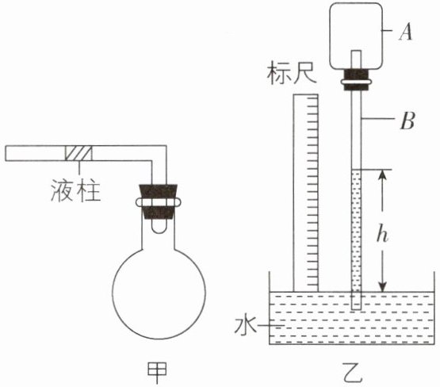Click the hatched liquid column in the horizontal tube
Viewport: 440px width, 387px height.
pos(78,153)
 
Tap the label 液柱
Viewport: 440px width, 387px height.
pos(75,190)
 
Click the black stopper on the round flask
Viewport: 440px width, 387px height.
pos(158,201)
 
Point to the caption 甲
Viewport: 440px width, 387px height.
pos(157,373)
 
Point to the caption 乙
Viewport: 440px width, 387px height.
pos(353,373)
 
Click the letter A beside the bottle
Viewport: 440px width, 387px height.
pos(406,32)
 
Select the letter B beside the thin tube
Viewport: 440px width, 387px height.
pos(407,121)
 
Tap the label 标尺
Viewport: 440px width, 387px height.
pos(292,75)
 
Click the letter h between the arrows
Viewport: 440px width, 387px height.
pos(382,236)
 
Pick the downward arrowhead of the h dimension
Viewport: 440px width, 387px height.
pos(383,287)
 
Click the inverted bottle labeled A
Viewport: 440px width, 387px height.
pos(356,36)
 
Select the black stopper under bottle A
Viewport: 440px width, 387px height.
pos(357,80)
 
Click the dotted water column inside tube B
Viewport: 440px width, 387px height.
pos(357,231)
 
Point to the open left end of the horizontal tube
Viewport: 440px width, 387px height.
pos(6,153)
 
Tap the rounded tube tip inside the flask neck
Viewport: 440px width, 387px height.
pos(159,228)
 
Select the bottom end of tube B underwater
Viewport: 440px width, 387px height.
pos(357,309)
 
